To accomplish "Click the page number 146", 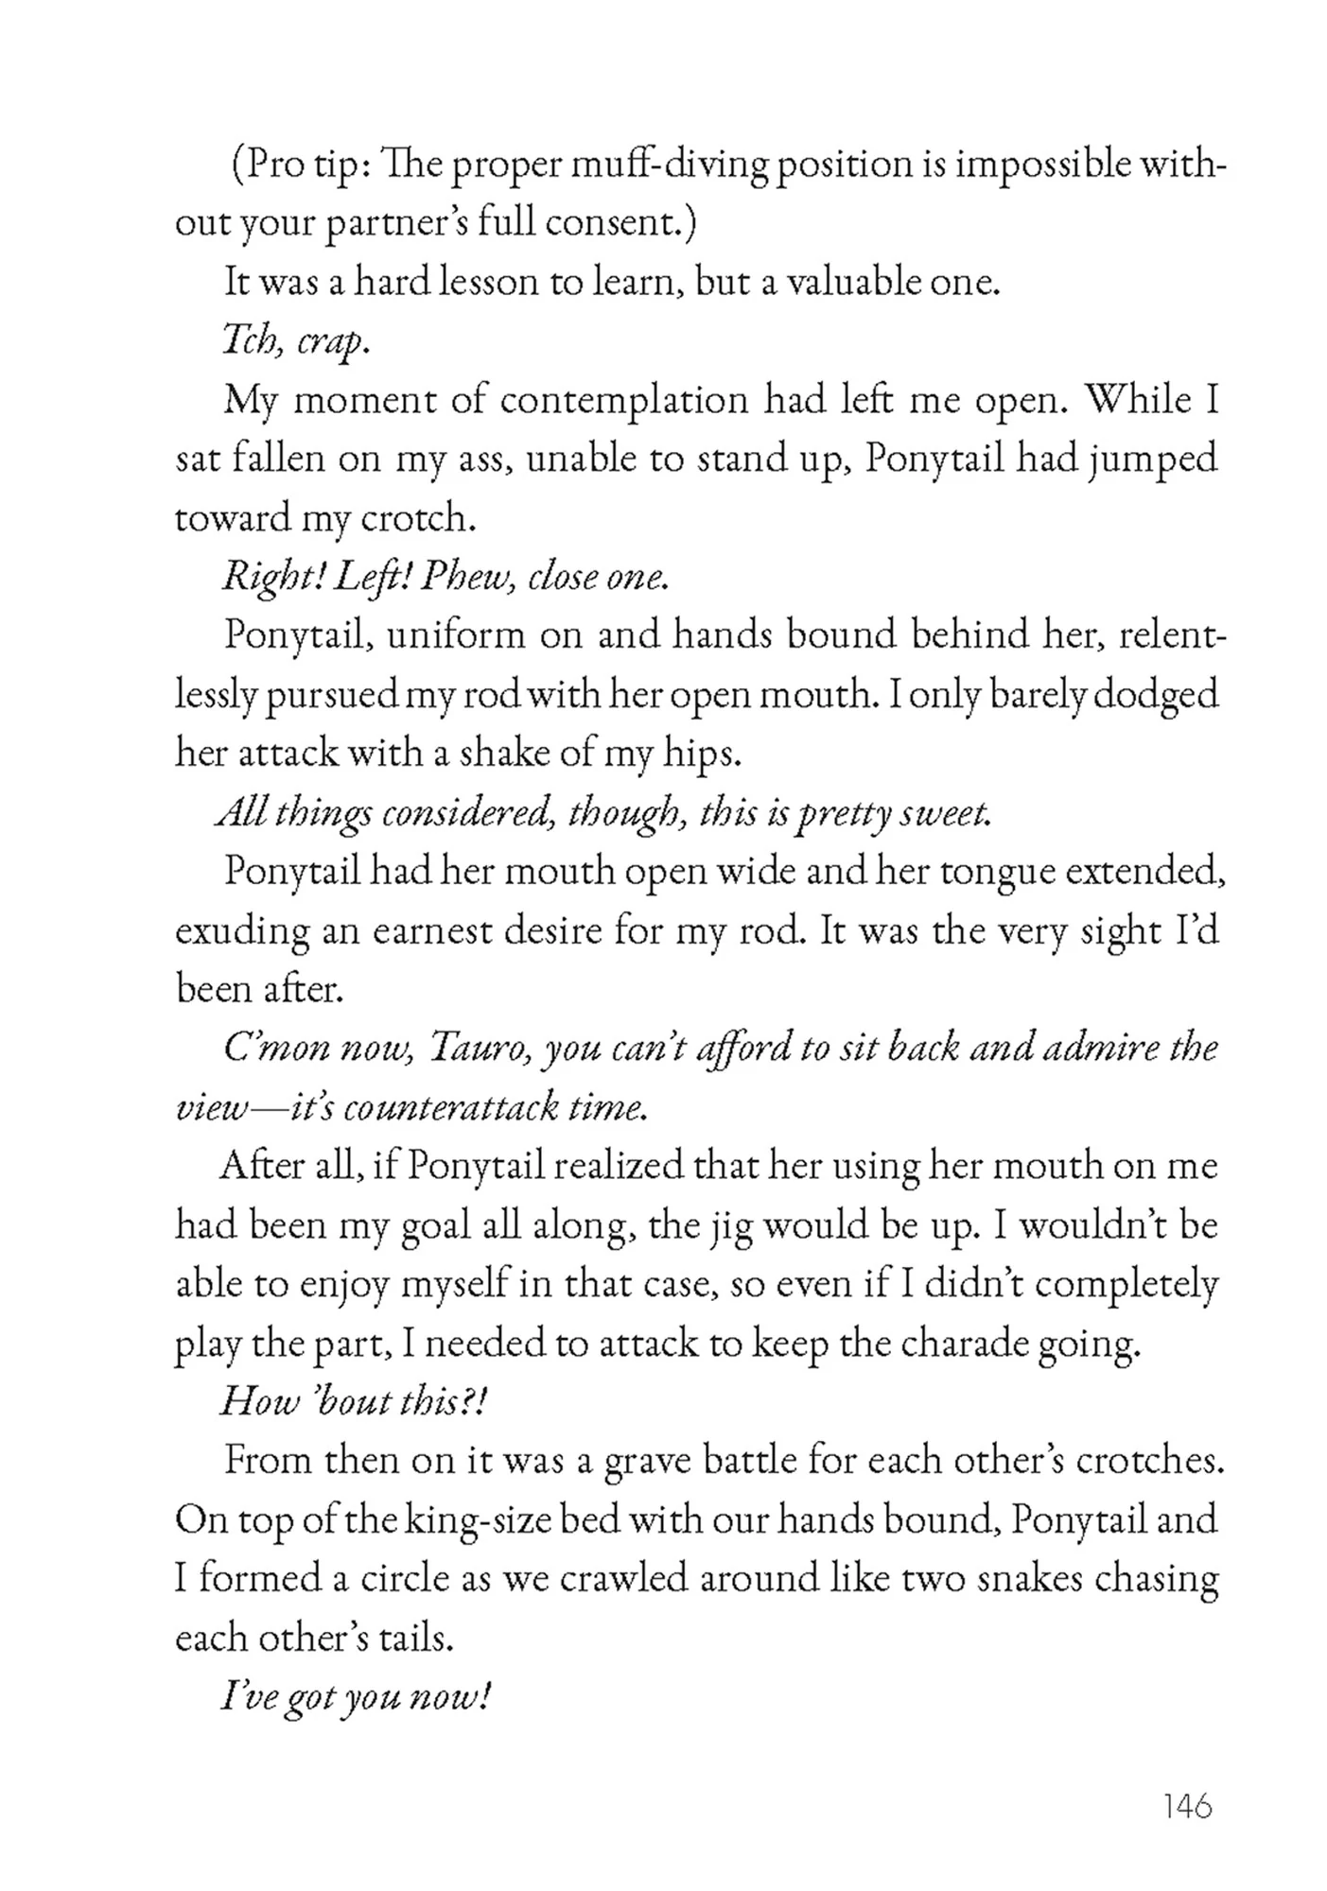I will click(x=1187, y=1807).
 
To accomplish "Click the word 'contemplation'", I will click(x=624, y=401).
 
